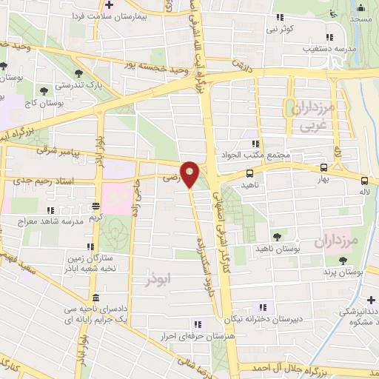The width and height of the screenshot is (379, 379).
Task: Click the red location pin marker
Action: [x=190, y=175]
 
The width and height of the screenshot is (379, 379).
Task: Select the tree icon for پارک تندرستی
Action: [x=78, y=73]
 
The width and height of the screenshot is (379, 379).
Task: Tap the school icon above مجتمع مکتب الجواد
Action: [x=256, y=144]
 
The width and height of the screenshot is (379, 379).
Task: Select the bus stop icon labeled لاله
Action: [x=364, y=181]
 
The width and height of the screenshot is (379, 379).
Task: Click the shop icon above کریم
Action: [x=95, y=207]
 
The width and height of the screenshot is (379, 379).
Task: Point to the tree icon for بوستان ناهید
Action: [x=278, y=238]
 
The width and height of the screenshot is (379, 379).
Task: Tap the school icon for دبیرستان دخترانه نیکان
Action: [x=261, y=308]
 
